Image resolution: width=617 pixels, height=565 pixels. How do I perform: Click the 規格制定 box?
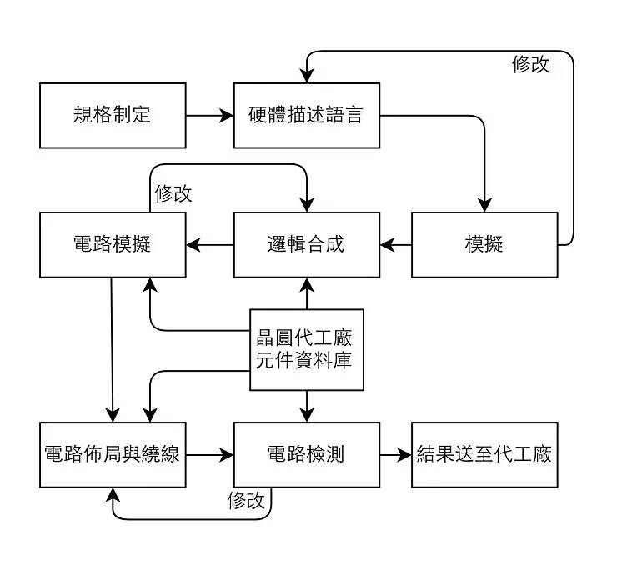[x=113, y=115]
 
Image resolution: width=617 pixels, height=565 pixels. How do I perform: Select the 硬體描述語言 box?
[x=306, y=115]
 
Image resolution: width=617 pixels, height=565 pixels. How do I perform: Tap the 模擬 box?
[x=484, y=244]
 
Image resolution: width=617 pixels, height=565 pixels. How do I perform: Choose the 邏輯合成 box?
[x=306, y=244]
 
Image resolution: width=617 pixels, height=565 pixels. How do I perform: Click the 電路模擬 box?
[x=113, y=244]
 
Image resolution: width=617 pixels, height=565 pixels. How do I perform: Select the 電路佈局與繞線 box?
[x=113, y=454]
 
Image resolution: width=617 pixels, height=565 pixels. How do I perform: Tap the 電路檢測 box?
[x=306, y=454]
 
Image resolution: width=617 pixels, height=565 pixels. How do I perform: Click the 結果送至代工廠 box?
[x=484, y=454]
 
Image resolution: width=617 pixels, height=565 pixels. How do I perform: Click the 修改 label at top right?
[x=530, y=65]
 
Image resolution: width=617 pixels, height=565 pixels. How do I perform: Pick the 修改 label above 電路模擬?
[x=173, y=194]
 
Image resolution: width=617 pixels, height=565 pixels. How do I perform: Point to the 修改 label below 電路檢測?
[x=246, y=500]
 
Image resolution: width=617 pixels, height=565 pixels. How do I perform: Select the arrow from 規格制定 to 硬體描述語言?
[x=209, y=116]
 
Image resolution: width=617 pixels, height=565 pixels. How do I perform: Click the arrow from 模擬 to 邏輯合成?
[x=395, y=245]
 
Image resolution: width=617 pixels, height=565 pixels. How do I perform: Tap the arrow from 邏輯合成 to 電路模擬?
[x=209, y=245]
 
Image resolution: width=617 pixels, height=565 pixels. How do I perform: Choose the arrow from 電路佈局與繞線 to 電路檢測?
[x=209, y=455]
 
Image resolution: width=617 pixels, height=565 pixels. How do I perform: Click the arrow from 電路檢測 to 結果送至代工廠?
[x=395, y=455]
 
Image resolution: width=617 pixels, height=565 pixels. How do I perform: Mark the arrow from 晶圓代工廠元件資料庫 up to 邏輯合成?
[x=307, y=292]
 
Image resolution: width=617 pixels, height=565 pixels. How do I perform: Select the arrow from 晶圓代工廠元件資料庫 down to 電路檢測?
[x=307, y=406]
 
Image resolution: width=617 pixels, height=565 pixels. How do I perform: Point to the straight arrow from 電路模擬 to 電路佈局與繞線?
[x=113, y=350]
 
